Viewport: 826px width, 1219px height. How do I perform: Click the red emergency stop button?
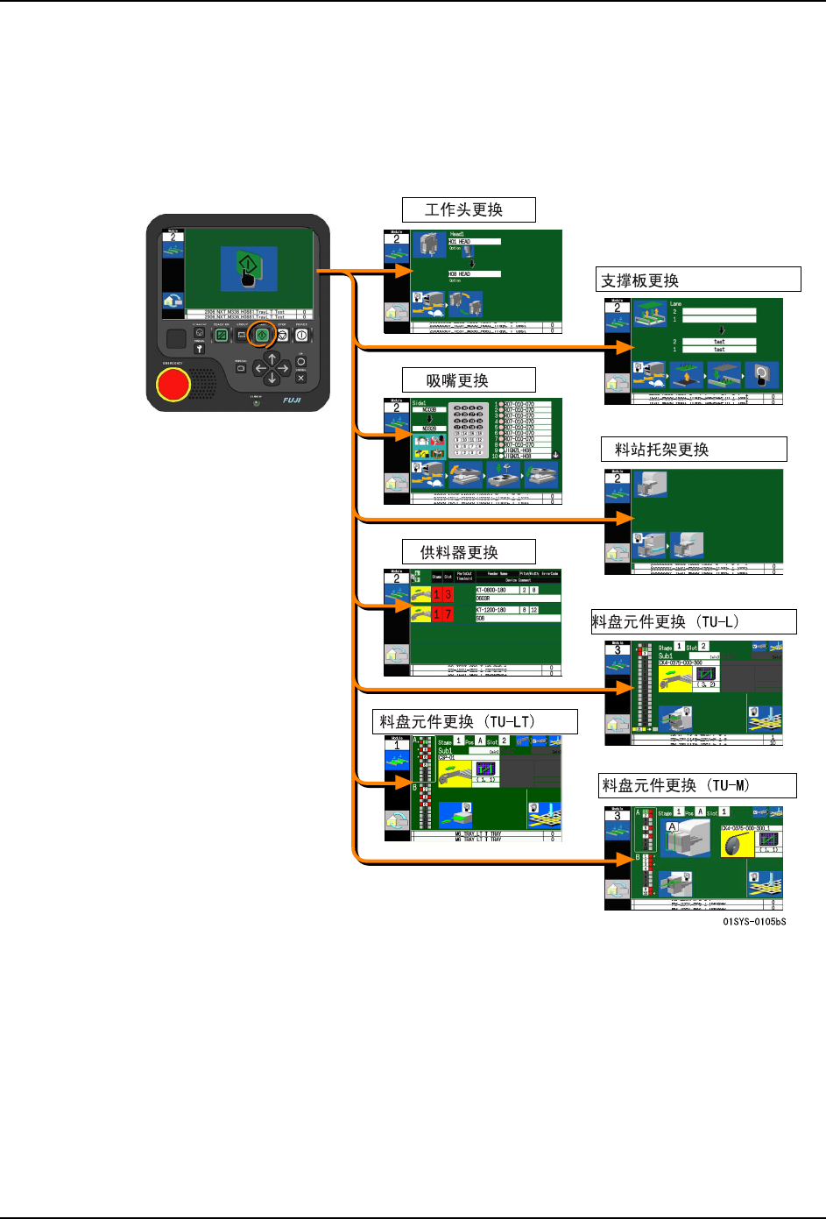(173, 384)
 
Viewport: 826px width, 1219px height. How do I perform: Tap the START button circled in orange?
(261, 335)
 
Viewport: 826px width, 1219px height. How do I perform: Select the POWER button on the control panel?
(301, 335)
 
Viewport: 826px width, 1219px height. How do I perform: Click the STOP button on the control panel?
(282, 335)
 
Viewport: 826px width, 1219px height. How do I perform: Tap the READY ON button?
(222, 335)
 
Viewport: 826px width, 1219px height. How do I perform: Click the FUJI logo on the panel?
(292, 400)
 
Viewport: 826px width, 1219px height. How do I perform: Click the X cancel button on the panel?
(300, 378)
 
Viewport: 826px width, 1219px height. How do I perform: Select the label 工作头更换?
(464, 209)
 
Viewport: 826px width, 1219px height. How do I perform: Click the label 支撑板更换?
(640, 280)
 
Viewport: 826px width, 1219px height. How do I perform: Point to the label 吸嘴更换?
(457, 380)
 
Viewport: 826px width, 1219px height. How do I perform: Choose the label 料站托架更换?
(661, 450)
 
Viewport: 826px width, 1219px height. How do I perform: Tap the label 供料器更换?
(459, 552)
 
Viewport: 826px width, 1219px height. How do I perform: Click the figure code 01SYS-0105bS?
(753, 921)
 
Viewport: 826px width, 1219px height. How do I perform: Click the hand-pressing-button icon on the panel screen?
(249, 268)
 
